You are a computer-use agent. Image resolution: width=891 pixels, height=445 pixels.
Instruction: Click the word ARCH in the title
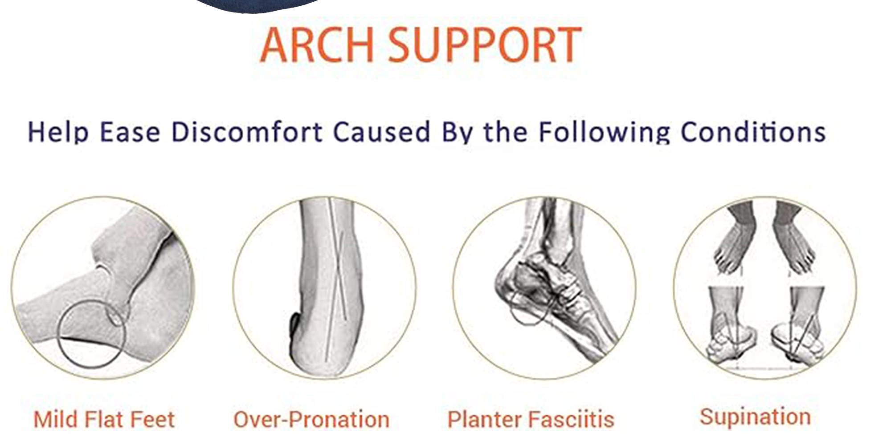pyautogui.click(x=317, y=44)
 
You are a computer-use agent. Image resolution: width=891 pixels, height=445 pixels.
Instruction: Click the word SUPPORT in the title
pyautogui.click(x=485, y=44)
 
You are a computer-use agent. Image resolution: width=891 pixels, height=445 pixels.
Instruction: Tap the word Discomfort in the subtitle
pyautogui.click(x=247, y=132)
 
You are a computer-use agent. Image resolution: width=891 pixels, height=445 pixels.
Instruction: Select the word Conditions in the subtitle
pyautogui.click(x=753, y=132)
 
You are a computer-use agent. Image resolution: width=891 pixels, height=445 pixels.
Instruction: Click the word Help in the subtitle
pyautogui.click(x=58, y=133)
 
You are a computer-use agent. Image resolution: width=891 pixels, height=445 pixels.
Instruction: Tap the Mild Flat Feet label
pyautogui.click(x=104, y=420)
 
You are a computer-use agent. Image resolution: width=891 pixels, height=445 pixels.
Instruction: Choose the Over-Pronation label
pyautogui.click(x=311, y=420)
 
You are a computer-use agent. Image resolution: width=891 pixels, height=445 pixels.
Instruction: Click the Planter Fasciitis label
pyautogui.click(x=531, y=420)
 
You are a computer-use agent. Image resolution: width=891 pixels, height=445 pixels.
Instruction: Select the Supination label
pyautogui.click(x=755, y=417)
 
